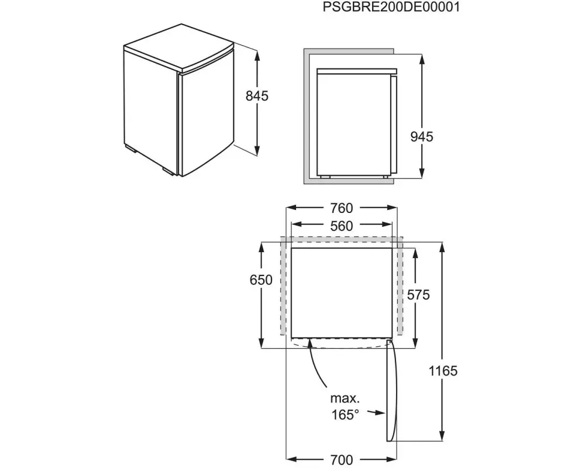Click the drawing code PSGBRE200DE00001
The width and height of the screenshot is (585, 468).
(x=391, y=7)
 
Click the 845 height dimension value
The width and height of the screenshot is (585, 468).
(x=257, y=97)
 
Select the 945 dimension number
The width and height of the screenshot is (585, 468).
(x=422, y=137)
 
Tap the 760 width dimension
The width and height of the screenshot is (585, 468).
(x=342, y=208)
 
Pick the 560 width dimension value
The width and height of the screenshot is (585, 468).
(x=342, y=226)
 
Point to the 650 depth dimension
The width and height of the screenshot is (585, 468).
(x=261, y=280)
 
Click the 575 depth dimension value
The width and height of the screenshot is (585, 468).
(x=418, y=295)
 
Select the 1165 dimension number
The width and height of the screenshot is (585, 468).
(x=443, y=371)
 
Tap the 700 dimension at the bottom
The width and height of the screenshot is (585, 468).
(x=342, y=459)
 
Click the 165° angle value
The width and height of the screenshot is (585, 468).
(x=345, y=415)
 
